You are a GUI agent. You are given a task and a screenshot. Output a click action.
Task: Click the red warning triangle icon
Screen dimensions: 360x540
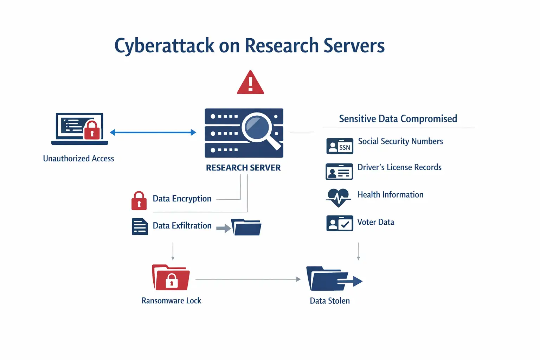click(250, 83)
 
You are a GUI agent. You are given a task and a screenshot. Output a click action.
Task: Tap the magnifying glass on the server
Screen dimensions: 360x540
click(259, 127)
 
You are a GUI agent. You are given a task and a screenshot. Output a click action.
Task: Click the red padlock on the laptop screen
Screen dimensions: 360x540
click(92, 130)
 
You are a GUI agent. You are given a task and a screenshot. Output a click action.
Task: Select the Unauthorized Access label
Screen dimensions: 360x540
click(78, 159)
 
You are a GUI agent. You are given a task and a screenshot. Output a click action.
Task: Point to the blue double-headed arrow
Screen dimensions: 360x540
click(153, 133)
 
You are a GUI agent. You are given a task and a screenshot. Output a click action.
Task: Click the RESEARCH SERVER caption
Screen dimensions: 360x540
click(243, 168)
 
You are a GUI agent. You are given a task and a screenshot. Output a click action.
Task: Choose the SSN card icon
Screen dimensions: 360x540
click(340, 146)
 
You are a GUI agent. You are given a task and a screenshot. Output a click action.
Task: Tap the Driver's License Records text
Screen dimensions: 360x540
click(399, 167)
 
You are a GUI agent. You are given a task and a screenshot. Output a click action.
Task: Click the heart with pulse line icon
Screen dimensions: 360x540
click(338, 198)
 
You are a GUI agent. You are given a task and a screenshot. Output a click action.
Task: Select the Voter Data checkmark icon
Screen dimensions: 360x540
click(340, 223)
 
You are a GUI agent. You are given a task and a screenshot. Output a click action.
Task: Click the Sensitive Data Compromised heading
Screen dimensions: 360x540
click(398, 119)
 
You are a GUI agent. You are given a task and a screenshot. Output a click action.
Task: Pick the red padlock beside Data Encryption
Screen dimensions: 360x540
click(139, 201)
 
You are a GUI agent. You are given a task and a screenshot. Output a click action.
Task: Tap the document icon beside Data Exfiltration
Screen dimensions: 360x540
click(140, 226)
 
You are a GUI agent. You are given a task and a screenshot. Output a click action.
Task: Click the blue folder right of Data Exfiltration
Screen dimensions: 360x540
click(246, 227)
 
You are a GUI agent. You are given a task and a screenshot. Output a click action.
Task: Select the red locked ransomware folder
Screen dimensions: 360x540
click(171, 277)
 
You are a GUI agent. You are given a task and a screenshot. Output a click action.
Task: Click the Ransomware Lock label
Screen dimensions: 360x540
click(171, 301)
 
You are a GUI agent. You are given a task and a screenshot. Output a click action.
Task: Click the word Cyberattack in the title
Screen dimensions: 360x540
click(164, 46)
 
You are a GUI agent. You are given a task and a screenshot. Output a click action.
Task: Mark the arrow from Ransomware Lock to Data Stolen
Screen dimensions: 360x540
click(247, 279)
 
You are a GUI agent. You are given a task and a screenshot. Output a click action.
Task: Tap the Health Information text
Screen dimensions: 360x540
click(390, 195)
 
